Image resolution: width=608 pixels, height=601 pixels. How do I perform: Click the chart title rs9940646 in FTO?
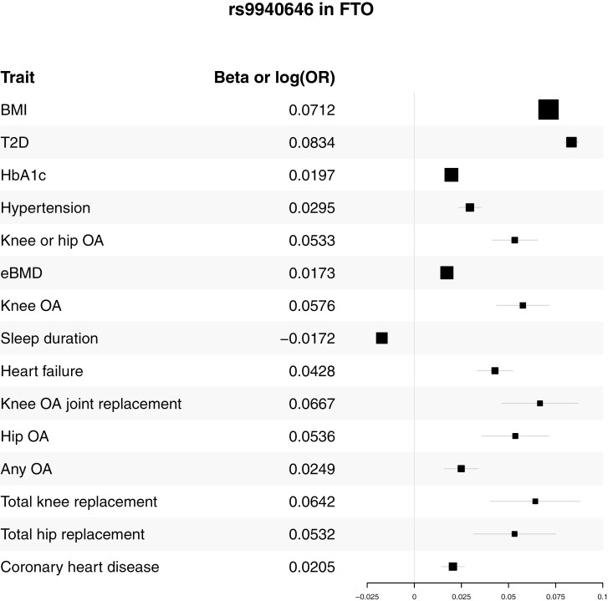(x=301, y=9)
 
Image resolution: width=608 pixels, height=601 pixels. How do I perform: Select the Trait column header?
(x=18, y=78)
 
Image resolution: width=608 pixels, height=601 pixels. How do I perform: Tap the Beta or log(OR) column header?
(x=274, y=78)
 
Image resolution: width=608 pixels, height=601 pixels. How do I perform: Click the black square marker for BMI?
(x=549, y=110)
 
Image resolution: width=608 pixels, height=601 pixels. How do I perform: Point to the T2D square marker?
(x=571, y=142)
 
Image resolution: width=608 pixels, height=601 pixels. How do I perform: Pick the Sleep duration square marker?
(x=381, y=339)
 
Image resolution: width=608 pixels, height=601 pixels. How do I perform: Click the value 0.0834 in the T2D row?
(x=312, y=143)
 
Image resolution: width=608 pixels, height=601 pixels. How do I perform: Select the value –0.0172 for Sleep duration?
(x=308, y=339)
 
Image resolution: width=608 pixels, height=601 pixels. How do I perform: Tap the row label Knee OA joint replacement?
(x=91, y=405)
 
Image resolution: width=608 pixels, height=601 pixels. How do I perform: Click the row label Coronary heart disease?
(x=80, y=567)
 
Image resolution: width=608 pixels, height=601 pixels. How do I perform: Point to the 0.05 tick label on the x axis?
(x=508, y=597)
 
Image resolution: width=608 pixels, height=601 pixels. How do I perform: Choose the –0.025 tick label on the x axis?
(x=367, y=597)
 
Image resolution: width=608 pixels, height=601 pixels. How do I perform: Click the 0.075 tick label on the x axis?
(x=555, y=597)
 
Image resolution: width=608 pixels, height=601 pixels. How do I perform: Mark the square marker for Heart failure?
(x=495, y=371)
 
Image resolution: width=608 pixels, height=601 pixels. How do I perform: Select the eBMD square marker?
(x=447, y=272)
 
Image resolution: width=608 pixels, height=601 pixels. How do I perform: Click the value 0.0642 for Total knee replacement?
(x=312, y=502)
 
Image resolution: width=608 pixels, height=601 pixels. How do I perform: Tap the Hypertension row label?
(x=45, y=208)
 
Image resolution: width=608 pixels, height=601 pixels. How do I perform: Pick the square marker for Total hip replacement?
(x=514, y=534)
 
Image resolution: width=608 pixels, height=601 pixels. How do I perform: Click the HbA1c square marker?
(x=452, y=176)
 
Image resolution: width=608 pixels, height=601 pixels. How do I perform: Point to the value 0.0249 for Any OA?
(x=312, y=469)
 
